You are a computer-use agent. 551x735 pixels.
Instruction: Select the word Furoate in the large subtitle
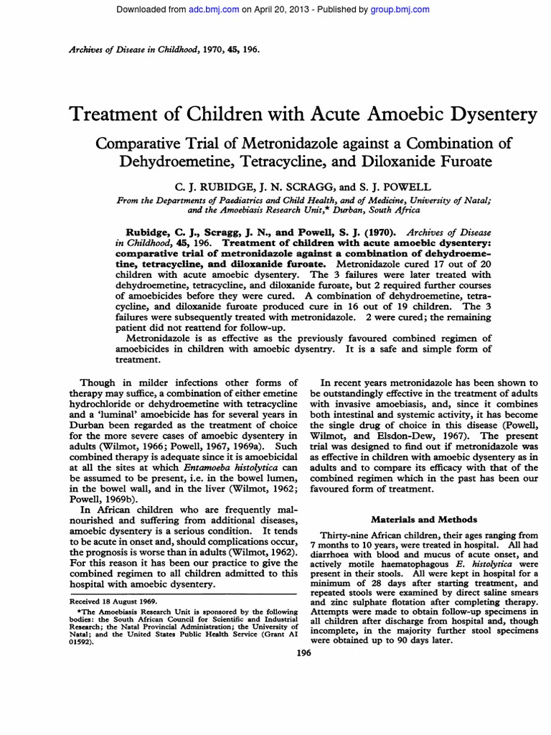click(x=461, y=161)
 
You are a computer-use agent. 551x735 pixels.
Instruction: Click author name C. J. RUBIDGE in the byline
click(x=191, y=185)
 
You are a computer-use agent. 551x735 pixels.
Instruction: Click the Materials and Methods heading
click(x=418, y=518)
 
